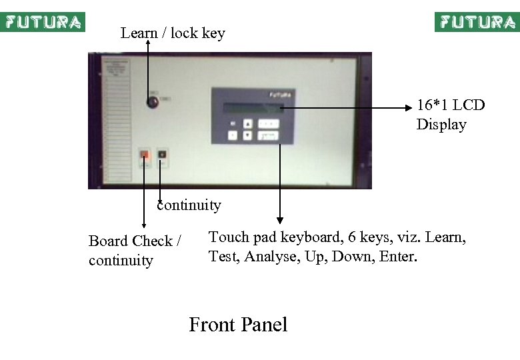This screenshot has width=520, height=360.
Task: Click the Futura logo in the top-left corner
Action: (x=43, y=22)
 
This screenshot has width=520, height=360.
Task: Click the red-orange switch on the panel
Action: (x=145, y=157)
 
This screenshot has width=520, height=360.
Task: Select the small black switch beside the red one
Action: (x=162, y=157)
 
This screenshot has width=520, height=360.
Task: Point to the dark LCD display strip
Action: (x=253, y=108)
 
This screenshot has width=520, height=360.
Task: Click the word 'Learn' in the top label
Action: (x=139, y=33)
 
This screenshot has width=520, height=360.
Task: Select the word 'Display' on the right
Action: (x=441, y=125)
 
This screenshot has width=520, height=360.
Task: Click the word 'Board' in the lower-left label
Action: (x=108, y=241)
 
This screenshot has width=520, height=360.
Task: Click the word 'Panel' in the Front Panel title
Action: (x=264, y=325)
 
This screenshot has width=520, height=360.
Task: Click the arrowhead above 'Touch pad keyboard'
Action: (x=280, y=219)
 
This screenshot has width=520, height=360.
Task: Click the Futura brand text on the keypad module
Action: (x=279, y=95)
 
